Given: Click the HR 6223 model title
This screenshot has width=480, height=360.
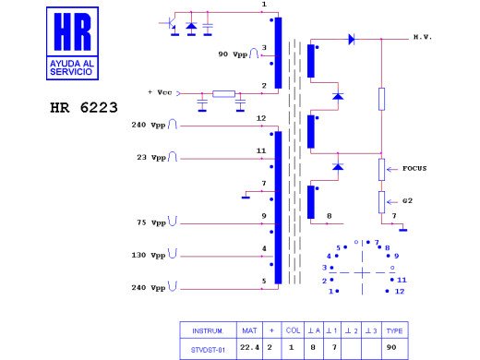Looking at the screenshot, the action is [84, 108].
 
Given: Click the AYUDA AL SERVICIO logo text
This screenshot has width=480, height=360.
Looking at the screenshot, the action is [72, 67].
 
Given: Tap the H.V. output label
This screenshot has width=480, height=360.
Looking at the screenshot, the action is [423, 37].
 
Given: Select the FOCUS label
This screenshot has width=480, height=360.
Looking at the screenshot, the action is [414, 169].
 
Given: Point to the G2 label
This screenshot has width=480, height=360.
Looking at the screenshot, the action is [407, 201].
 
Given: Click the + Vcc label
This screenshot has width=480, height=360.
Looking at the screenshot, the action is [160, 92].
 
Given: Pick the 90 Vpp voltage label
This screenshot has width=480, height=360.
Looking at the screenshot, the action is [233, 54].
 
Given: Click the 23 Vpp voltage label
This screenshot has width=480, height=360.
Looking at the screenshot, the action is [151, 158].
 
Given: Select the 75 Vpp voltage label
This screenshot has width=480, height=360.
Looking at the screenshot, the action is [151, 222].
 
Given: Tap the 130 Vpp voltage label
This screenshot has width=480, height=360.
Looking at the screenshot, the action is [149, 256].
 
